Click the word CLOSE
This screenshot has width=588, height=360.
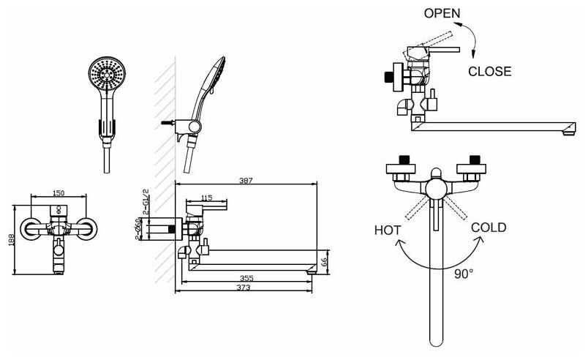pos(489,71)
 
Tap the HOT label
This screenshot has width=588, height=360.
pos(388,230)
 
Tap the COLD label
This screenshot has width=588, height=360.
pos(489,227)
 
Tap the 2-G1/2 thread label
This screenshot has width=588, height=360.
pos(146,199)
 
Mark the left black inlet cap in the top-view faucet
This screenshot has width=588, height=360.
pos(402,160)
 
